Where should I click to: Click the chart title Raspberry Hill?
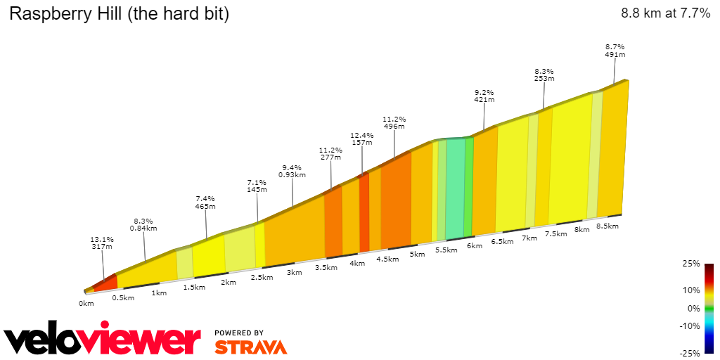pos(119,13)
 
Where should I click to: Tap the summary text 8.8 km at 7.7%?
pos(665,13)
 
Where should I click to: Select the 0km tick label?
pos(86,304)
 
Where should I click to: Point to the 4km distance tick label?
pos(357,264)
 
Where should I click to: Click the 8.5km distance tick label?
pos(607,226)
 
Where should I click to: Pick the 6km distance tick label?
pos(475,245)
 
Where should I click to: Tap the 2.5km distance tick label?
pos(262,277)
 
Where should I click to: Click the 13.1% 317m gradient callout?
pos(103,243)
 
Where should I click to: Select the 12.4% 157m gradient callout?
pos(361,139)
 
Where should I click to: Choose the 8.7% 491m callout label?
pos(615,50)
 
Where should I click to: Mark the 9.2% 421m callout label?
pos(484,96)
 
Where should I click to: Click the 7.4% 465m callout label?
pos(205,202)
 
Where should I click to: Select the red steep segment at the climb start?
pos(105,283)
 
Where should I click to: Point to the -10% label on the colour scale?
pos(690,326)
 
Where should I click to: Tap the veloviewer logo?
pos(102,340)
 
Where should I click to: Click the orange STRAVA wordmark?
pos(250,347)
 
